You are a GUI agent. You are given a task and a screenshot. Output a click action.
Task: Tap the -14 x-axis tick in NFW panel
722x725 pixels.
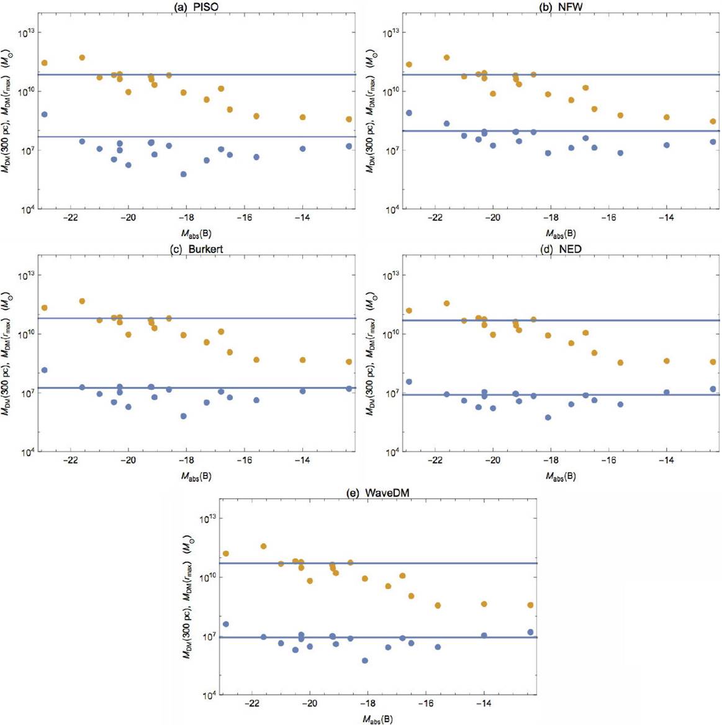click(666, 218)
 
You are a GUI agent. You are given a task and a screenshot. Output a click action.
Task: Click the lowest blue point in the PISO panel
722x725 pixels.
click(184, 174)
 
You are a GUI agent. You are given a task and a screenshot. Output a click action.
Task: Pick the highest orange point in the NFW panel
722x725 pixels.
click(446, 58)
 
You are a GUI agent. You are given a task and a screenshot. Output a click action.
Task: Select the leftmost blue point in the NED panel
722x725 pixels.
click(408, 382)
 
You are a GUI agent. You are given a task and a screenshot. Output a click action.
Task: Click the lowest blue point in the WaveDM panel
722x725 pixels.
click(365, 660)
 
